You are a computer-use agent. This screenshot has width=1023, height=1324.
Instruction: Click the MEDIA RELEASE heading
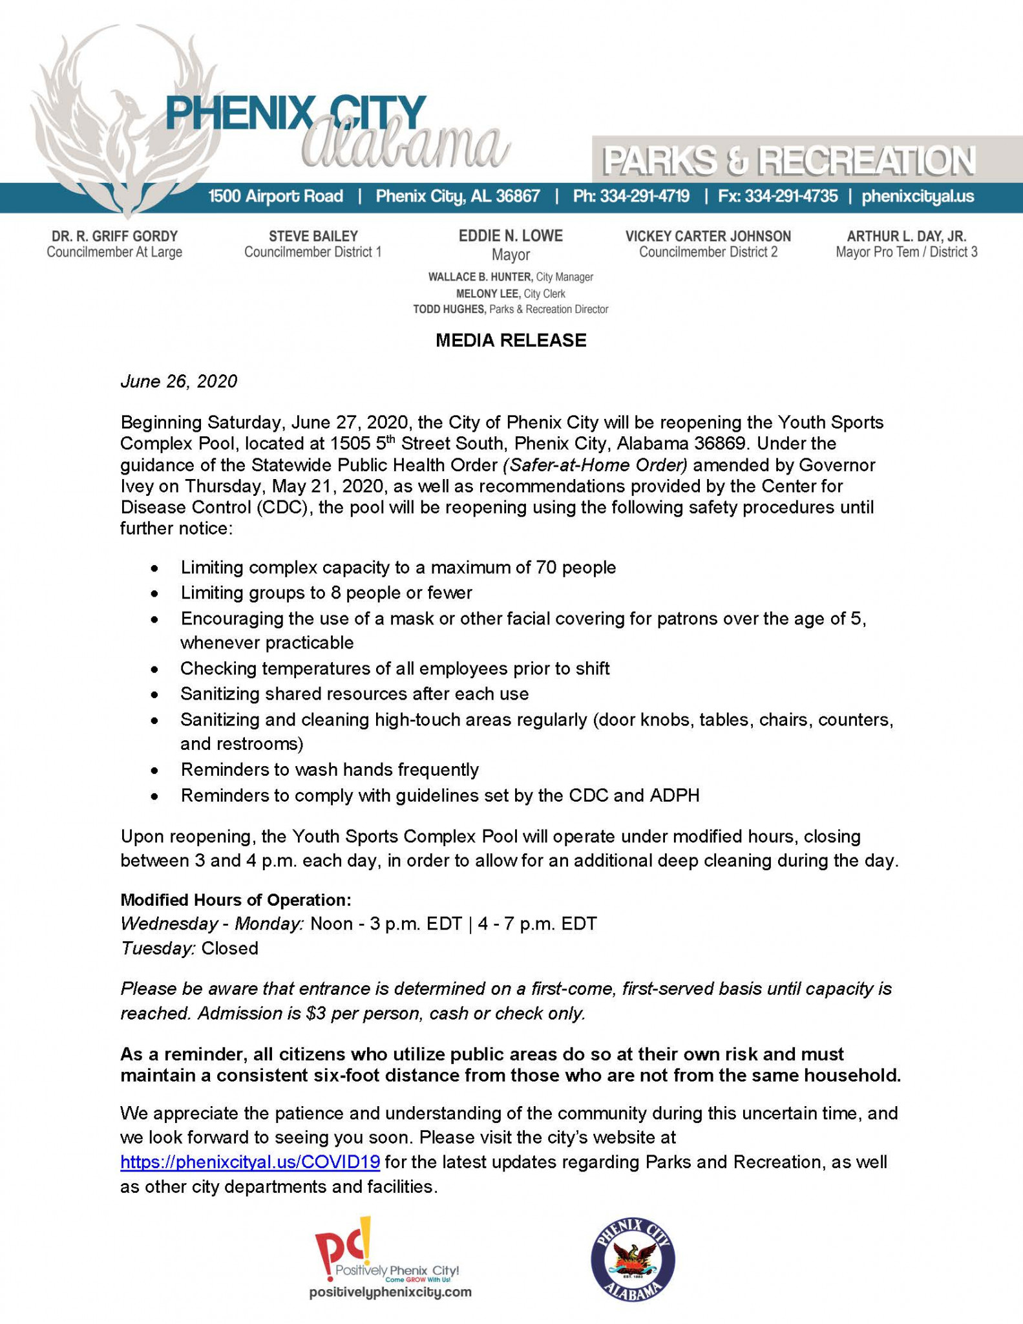pos(511,341)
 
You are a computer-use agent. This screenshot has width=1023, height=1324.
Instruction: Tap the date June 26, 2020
pos(178,381)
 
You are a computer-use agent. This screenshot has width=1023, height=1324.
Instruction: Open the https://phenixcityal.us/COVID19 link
pos(250,1162)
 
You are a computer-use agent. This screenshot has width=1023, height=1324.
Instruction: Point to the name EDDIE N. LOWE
pos(511,236)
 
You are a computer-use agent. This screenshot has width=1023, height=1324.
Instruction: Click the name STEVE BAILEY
pos(313,237)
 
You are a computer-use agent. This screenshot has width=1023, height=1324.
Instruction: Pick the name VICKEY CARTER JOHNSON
pos(708,237)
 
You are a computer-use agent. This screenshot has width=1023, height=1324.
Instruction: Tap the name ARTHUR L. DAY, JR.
pos(906,237)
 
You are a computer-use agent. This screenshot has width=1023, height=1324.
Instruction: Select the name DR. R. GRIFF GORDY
pos(114,237)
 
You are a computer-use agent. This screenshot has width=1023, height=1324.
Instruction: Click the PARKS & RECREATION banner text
pos(788,161)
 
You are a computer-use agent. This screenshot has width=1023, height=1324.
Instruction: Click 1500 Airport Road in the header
pos(275,197)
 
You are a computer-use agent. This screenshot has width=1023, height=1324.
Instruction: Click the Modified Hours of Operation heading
pos(236,900)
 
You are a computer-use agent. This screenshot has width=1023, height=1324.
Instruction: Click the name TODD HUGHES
pos(448,310)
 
